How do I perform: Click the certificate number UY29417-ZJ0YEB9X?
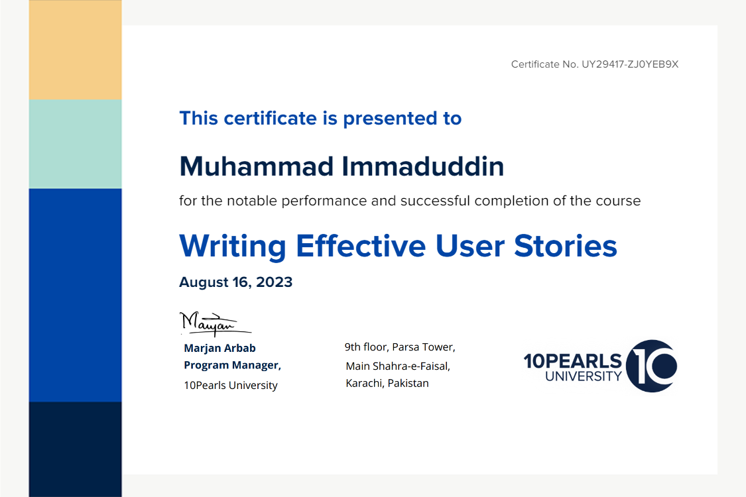click(630, 64)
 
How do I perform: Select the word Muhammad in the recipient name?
click(257, 166)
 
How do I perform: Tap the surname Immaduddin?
click(423, 166)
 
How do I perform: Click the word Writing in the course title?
click(233, 247)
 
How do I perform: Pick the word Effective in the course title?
click(361, 246)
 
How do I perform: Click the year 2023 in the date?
click(274, 282)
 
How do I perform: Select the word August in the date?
click(204, 282)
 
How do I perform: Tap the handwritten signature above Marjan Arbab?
click(215, 323)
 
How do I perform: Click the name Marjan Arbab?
click(219, 348)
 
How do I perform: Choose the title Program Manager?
click(232, 365)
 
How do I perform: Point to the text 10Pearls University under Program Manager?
click(231, 385)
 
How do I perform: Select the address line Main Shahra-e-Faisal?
click(398, 366)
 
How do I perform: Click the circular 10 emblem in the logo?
click(651, 366)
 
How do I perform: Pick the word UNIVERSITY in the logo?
click(584, 376)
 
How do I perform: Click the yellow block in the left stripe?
click(75, 50)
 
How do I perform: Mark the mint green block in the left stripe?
click(75, 144)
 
